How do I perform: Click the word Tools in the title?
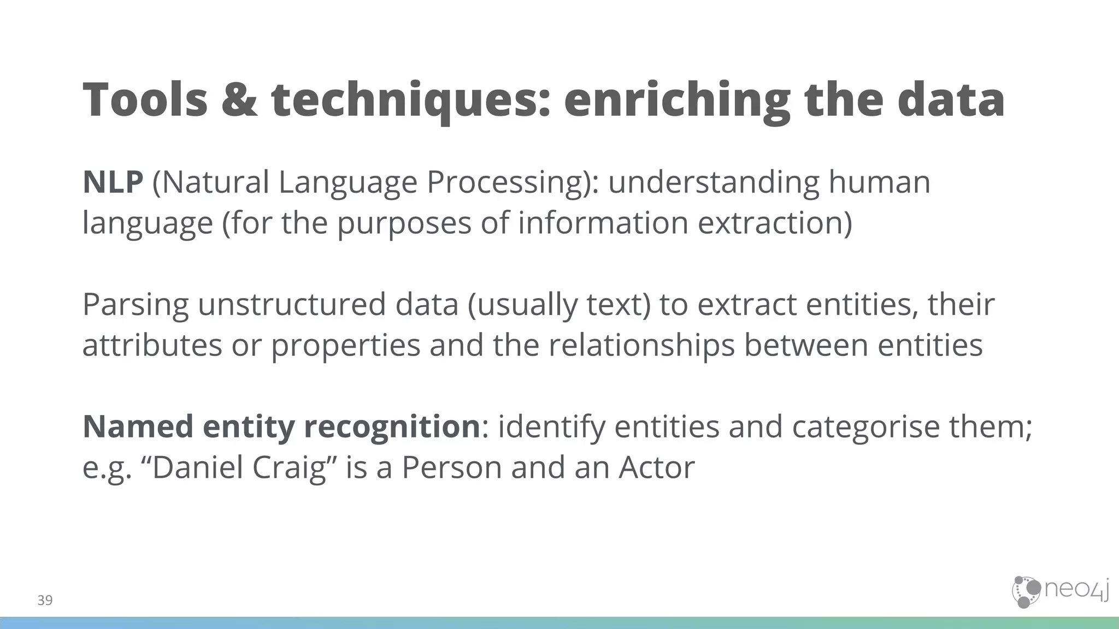(x=145, y=100)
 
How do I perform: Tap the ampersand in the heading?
(x=239, y=100)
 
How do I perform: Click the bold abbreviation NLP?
(x=113, y=182)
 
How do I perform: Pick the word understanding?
(x=714, y=182)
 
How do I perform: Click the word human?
(x=879, y=182)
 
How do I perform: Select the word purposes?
(x=404, y=223)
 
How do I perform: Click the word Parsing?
(x=136, y=305)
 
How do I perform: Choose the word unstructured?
(x=292, y=305)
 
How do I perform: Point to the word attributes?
(x=152, y=346)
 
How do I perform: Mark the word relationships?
(x=641, y=346)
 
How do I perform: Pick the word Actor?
(x=656, y=468)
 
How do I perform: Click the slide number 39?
(x=45, y=601)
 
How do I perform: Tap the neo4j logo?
(x=1060, y=592)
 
